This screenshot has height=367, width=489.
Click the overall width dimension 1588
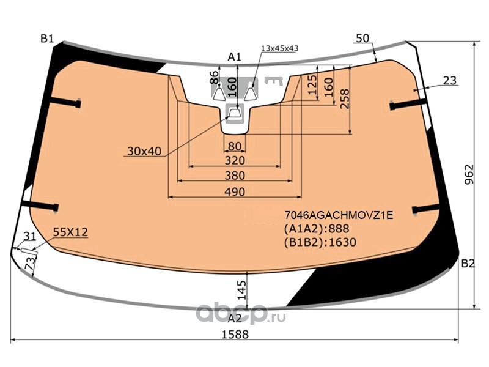[235, 334]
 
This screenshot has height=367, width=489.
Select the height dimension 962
[469, 174]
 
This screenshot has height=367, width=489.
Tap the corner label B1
[47, 39]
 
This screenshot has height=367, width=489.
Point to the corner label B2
[468, 264]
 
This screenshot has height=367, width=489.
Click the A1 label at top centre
[235, 57]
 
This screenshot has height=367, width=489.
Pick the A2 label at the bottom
[235, 319]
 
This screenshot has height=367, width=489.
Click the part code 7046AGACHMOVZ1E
[339, 215]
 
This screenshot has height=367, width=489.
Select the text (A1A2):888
[317, 229]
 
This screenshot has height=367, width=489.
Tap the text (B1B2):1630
[320, 242]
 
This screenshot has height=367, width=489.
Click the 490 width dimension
[235, 191]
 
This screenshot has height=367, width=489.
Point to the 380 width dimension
[235, 176]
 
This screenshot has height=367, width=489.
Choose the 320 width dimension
[235, 160]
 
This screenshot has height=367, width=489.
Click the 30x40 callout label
[144, 151]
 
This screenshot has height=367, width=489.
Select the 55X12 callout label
[70, 232]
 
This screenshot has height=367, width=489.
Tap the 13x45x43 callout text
[280, 48]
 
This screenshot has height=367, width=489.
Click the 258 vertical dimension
[345, 99]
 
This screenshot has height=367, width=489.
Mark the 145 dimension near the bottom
[241, 290]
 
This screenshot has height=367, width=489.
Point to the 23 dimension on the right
[450, 81]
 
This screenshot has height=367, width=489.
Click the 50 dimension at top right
[362, 38]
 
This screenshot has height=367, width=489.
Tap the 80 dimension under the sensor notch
[235, 146]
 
